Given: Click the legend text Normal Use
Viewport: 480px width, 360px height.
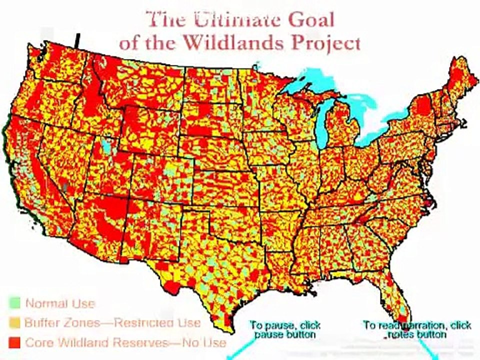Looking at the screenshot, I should pyautogui.click(x=60, y=303).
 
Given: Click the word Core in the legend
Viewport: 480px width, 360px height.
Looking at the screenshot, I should pyautogui.click(x=39, y=343).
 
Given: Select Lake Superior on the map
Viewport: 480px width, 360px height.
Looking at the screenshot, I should pyautogui.click(x=310, y=80).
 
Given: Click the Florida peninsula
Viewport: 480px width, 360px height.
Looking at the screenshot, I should pyautogui.click(x=395, y=295).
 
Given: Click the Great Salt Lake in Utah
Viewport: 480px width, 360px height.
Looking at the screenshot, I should pyautogui.click(x=104, y=145).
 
